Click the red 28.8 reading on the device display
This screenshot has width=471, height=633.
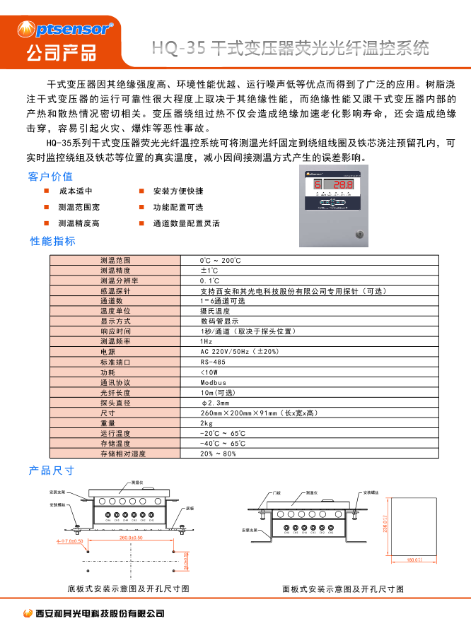tap(344, 186)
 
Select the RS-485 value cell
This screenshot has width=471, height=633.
tap(213, 362)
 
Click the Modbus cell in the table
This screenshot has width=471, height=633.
tap(213, 382)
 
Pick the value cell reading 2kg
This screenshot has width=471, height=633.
tap(207, 423)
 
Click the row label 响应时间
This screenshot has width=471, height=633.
tap(115, 331)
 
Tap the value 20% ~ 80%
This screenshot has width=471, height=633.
tap(218, 454)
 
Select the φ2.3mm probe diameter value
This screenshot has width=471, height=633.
tap(216, 403)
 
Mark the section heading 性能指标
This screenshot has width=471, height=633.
tap(52, 241)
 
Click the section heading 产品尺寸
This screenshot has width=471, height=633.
tap(51, 470)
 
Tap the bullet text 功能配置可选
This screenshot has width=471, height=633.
tap(178, 207)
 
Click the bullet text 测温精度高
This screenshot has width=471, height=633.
tap(78, 223)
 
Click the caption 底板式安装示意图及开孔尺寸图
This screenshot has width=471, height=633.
tap(128, 588)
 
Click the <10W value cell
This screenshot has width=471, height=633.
tap(209, 372)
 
